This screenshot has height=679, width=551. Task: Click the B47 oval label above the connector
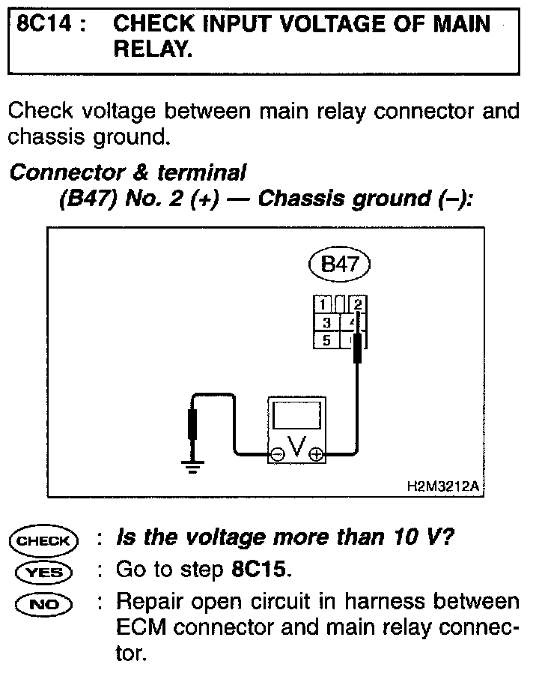339,264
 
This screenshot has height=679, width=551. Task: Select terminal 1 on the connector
323,304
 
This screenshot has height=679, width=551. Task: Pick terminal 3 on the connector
326,322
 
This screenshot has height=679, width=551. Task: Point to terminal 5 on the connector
326,340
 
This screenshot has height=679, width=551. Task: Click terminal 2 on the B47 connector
358,304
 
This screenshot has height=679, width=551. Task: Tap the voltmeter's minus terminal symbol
276,454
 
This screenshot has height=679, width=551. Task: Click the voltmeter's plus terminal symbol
316,454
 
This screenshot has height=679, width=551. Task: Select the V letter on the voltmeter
296,447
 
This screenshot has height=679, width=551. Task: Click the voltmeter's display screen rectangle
297,414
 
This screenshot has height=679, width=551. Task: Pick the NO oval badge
42,603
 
